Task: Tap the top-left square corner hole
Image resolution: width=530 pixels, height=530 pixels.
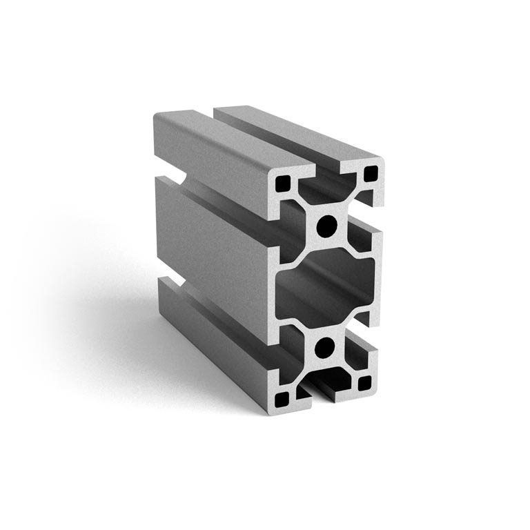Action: coord(282,184)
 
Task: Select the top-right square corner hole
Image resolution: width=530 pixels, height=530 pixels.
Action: coord(371,173)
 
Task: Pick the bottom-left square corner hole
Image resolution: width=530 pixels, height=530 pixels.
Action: coord(282,398)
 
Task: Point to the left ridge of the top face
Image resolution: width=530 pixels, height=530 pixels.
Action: coord(221,141)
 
